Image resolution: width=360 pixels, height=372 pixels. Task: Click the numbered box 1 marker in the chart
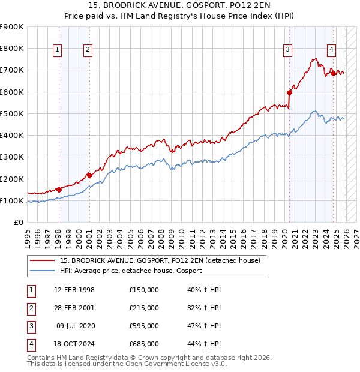(58, 50)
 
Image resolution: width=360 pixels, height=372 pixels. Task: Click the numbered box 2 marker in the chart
(88, 50)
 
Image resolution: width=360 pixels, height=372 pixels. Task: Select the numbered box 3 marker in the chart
(288, 50)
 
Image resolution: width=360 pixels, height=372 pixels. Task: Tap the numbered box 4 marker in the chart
(331, 50)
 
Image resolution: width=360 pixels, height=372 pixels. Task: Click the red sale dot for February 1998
(59, 190)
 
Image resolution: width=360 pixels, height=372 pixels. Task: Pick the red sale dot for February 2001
(89, 175)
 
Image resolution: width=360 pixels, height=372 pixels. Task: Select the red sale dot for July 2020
(289, 92)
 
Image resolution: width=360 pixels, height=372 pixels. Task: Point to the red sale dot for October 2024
(334, 73)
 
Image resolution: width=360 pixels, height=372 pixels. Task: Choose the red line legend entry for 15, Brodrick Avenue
(160, 260)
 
